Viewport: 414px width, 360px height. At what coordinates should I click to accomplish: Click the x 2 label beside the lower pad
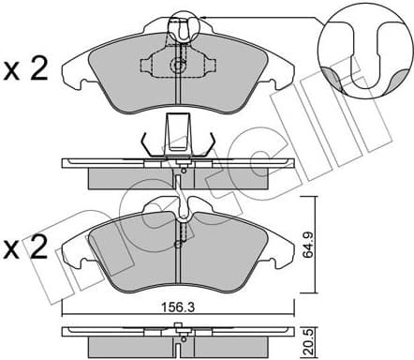pyautogui.click(x=25, y=249)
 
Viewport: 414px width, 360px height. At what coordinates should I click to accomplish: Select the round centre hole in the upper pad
pyautogui.click(x=178, y=65)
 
